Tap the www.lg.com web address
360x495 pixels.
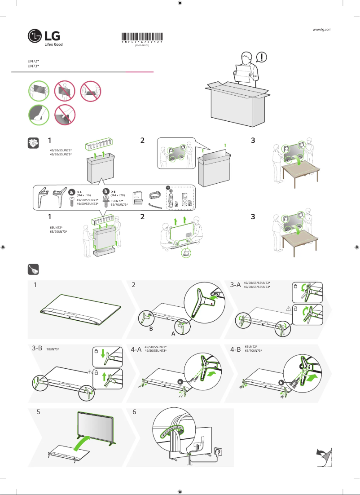click(x=321, y=29)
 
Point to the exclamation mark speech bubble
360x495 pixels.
click(x=262, y=57)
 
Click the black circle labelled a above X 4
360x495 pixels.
click(x=71, y=192)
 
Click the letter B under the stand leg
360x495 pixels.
click(x=151, y=329)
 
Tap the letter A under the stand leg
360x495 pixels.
click(x=173, y=335)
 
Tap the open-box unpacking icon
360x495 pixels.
click(x=32, y=142)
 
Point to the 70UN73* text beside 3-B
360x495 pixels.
click(x=53, y=349)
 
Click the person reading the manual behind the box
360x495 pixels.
click(x=245, y=70)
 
